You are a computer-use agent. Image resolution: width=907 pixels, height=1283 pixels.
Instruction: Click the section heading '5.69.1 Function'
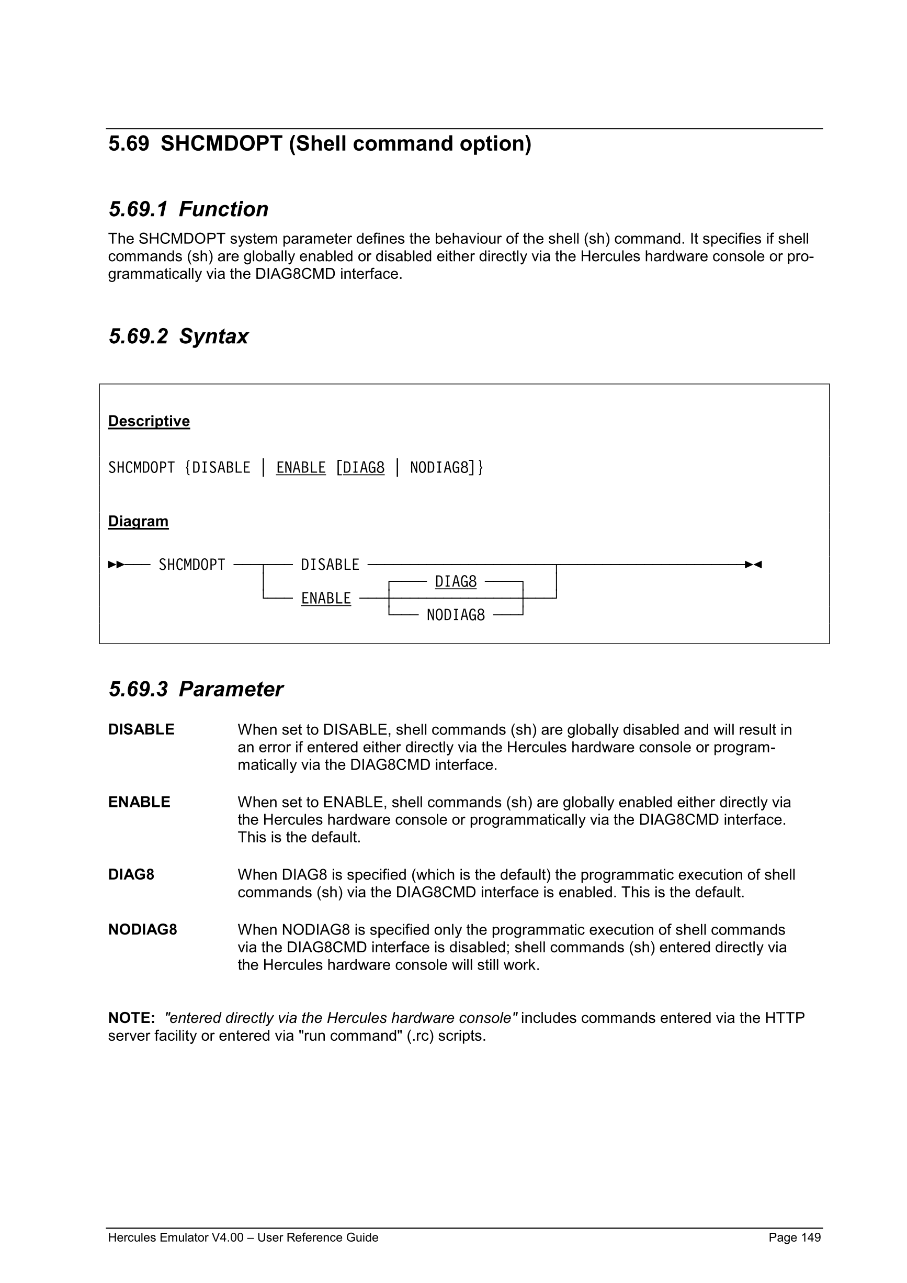click(x=188, y=209)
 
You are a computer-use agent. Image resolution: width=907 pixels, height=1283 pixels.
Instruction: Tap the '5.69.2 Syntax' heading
click(x=178, y=336)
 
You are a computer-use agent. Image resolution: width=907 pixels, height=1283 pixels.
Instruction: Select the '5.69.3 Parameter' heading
click(x=196, y=689)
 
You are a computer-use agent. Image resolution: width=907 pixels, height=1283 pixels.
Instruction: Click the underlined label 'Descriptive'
click(x=149, y=421)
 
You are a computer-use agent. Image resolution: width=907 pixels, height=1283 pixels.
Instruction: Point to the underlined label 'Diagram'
click(x=138, y=521)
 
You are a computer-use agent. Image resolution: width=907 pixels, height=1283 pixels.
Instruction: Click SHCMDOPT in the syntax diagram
click(x=191, y=565)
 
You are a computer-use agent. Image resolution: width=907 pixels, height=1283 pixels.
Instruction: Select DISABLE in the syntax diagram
click(x=330, y=565)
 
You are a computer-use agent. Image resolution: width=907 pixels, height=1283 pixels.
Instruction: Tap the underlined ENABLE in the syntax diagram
click(x=325, y=598)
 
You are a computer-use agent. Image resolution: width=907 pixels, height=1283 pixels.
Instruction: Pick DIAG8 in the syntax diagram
click(x=456, y=582)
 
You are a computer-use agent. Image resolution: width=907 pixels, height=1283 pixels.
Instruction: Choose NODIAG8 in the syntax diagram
click(x=456, y=615)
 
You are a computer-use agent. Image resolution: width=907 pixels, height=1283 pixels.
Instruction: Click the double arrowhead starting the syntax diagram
click(x=116, y=565)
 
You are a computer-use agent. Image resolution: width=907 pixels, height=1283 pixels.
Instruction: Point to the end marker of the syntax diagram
click(x=753, y=565)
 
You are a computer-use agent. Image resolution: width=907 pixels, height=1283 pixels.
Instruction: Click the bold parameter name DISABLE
click(x=141, y=729)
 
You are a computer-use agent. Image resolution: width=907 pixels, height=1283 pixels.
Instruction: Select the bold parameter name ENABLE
click(x=139, y=802)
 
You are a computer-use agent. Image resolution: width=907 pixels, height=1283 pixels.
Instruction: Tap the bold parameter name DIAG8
click(x=131, y=874)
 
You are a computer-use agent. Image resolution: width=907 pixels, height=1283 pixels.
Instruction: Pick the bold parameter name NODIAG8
click(x=142, y=929)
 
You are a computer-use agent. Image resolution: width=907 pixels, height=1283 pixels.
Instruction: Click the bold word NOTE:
click(x=131, y=1018)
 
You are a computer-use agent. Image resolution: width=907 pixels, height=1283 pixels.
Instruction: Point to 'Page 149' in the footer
click(x=794, y=1237)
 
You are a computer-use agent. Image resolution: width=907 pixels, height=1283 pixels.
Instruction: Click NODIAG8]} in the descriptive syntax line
click(x=446, y=467)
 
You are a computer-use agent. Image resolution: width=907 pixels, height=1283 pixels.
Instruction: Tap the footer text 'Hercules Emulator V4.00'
click(x=176, y=1237)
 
